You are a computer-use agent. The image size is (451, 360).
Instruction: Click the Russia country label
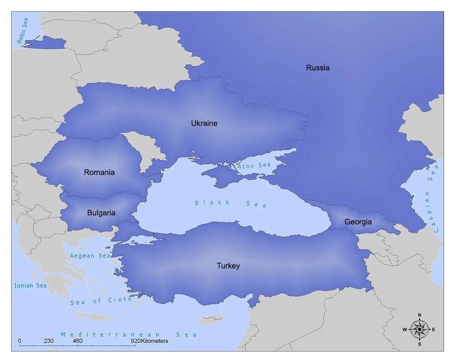coord(318,68)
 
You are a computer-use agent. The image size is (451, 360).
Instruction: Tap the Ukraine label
coord(204,123)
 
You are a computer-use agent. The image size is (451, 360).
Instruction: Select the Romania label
coord(99,172)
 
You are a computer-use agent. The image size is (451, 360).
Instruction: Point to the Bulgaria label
coord(101,213)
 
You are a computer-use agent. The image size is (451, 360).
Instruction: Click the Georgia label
coord(358,222)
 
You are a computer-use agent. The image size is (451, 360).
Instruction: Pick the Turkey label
coord(228,266)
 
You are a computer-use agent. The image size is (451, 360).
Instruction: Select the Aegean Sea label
coord(90,256)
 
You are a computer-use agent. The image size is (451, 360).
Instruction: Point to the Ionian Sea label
coord(30,285)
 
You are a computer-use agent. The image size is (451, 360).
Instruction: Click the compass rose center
coord(419,329)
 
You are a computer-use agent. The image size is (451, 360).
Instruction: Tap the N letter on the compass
coord(419,315)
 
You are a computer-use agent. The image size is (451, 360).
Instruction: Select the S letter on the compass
coord(419,344)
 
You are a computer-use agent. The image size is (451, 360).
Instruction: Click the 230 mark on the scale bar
coord(49,341)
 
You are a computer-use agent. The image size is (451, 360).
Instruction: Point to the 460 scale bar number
coord(77,341)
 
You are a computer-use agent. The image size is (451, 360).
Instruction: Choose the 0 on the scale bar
coord(20,341)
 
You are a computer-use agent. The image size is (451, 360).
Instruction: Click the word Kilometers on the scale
coord(155,341)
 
